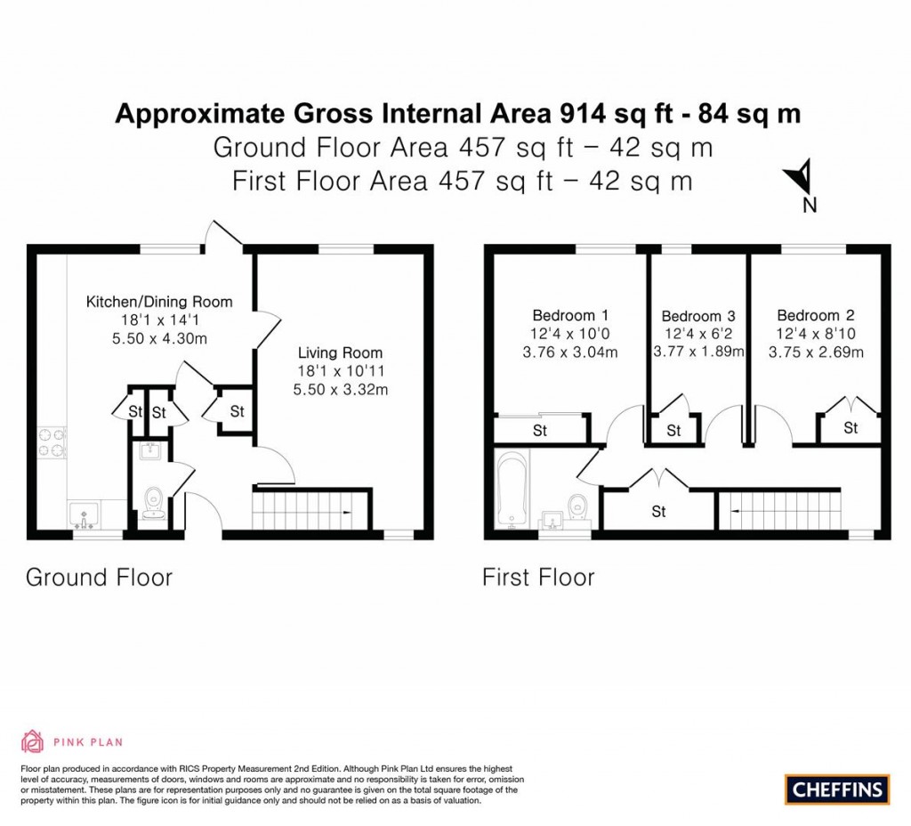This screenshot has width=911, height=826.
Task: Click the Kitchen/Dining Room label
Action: tap(158, 302)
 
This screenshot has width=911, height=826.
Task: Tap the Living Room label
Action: tap(340, 352)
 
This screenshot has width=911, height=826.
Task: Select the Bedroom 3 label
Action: tap(697, 316)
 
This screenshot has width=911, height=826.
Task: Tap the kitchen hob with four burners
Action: tap(52, 443)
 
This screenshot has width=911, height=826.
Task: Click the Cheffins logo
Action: tap(836, 789)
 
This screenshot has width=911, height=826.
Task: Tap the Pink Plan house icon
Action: tap(32, 741)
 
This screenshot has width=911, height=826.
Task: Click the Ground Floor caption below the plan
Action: tap(99, 577)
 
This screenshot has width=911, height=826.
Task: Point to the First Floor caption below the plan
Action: tap(538, 577)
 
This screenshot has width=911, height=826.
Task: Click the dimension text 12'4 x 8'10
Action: tap(815, 334)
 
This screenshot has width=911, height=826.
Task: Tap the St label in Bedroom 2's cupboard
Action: tap(851, 428)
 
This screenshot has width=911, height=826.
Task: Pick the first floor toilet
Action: tap(577, 506)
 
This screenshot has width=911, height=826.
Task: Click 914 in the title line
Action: tap(584, 114)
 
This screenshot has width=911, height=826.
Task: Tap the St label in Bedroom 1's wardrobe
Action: tap(539, 431)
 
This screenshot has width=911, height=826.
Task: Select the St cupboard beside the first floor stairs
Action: tap(658, 512)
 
